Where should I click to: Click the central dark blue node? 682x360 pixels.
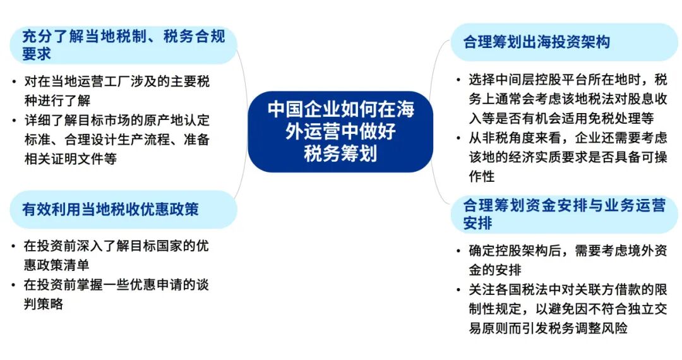click(x=340, y=131)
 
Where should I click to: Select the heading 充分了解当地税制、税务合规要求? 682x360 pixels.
click(x=124, y=45)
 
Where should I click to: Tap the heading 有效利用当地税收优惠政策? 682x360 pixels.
click(x=111, y=209)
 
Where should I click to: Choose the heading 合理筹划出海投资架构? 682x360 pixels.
click(x=537, y=42)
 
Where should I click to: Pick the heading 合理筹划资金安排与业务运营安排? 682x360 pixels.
click(x=564, y=213)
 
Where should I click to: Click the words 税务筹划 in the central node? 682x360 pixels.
click(x=340, y=153)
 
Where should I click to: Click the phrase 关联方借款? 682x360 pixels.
click(x=608, y=289)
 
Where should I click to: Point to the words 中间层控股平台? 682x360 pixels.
click(x=542, y=80)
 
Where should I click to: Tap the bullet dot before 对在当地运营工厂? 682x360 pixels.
click(x=15, y=81)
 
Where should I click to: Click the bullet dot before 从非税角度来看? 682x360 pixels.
click(x=458, y=138)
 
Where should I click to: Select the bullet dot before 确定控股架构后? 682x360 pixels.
click(x=458, y=251)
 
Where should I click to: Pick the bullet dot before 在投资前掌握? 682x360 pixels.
click(x=14, y=285)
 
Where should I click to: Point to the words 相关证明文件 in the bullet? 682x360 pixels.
click(x=64, y=159)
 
